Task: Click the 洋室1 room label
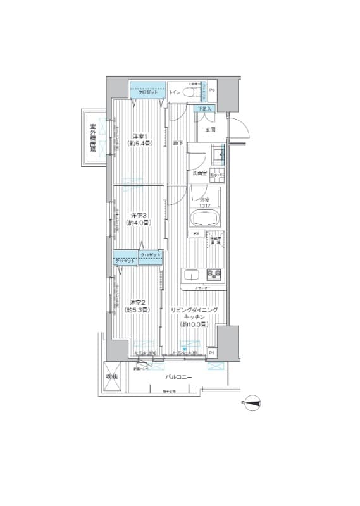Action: [140, 140]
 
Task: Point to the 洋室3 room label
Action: [139, 218]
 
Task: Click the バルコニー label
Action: [179, 377]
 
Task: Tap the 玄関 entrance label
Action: [210, 130]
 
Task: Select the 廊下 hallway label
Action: [178, 143]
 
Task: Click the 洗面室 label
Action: [199, 173]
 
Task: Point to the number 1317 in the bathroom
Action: [205, 205]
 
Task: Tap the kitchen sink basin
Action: [193, 275]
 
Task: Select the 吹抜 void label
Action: [112, 377]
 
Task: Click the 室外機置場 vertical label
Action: [92, 138]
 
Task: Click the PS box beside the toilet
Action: [212, 90]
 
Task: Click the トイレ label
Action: [175, 93]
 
